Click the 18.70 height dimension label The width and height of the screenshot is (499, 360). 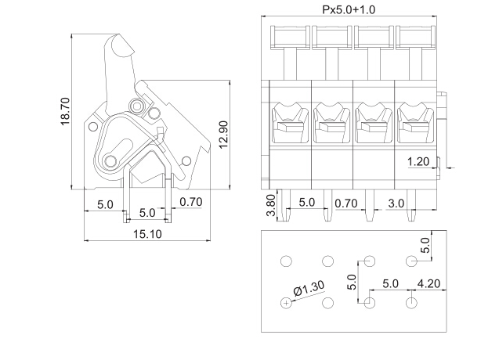66,110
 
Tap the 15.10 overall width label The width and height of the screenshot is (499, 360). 147,233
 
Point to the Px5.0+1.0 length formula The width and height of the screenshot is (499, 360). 349,9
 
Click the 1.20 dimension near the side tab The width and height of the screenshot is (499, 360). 418,162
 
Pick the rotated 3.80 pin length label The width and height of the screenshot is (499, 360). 271,206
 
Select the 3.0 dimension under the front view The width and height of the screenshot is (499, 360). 396,203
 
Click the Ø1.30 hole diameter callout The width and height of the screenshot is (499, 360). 309,290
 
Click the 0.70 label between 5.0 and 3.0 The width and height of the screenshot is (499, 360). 347,203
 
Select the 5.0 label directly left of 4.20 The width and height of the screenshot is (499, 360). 391,283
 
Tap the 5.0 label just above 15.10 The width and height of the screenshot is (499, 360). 146,213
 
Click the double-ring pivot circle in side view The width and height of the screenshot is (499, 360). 138,106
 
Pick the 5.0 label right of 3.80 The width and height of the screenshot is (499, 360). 307,203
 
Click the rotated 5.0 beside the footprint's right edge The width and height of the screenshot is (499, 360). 425,245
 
